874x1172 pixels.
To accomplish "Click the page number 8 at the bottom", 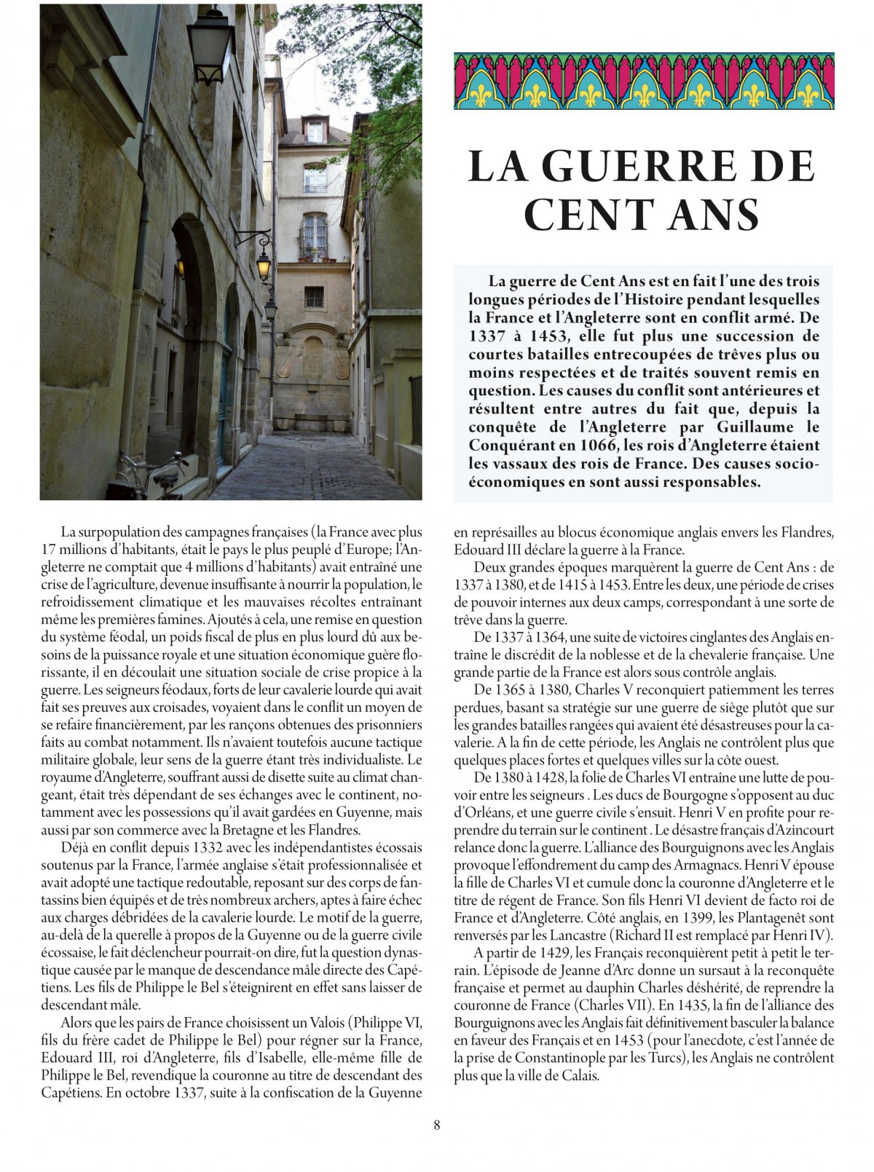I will (x=437, y=1125).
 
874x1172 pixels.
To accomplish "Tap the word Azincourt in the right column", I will (x=802, y=830).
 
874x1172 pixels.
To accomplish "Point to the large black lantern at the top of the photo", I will (x=210, y=43).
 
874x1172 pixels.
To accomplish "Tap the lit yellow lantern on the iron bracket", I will (x=263, y=266).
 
